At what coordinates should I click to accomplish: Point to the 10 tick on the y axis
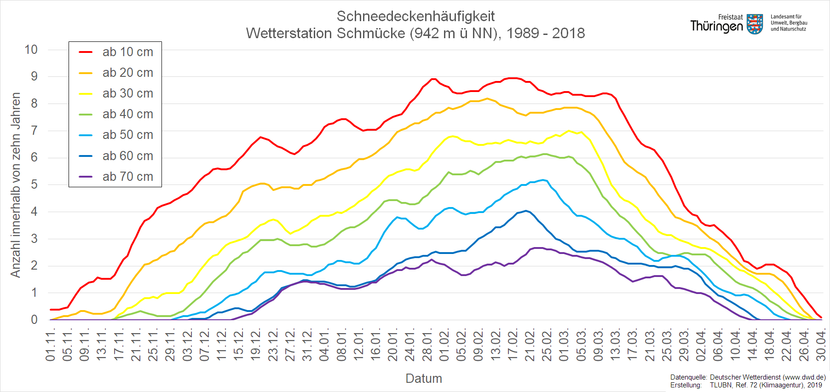coord(31,50)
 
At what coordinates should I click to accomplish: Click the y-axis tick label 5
coord(35,184)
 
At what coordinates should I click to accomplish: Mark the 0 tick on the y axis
coord(35,320)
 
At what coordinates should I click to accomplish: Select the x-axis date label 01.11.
coord(51,345)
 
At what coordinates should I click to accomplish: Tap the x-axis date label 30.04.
coord(821,345)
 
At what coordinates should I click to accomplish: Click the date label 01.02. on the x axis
coord(444,345)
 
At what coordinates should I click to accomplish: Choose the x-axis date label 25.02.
coord(547,345)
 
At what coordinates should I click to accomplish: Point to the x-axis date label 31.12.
coord(307,345)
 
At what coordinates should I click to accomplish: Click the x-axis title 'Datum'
coord(424,379)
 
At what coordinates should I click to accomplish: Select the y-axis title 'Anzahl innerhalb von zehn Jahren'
coord(16,185)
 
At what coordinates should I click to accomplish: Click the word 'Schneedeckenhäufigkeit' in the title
coord(415,17)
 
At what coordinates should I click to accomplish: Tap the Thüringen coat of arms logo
coord(755,24)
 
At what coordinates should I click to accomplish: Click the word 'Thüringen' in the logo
coord(717,26)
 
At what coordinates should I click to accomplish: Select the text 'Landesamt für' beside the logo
coord(786,17)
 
